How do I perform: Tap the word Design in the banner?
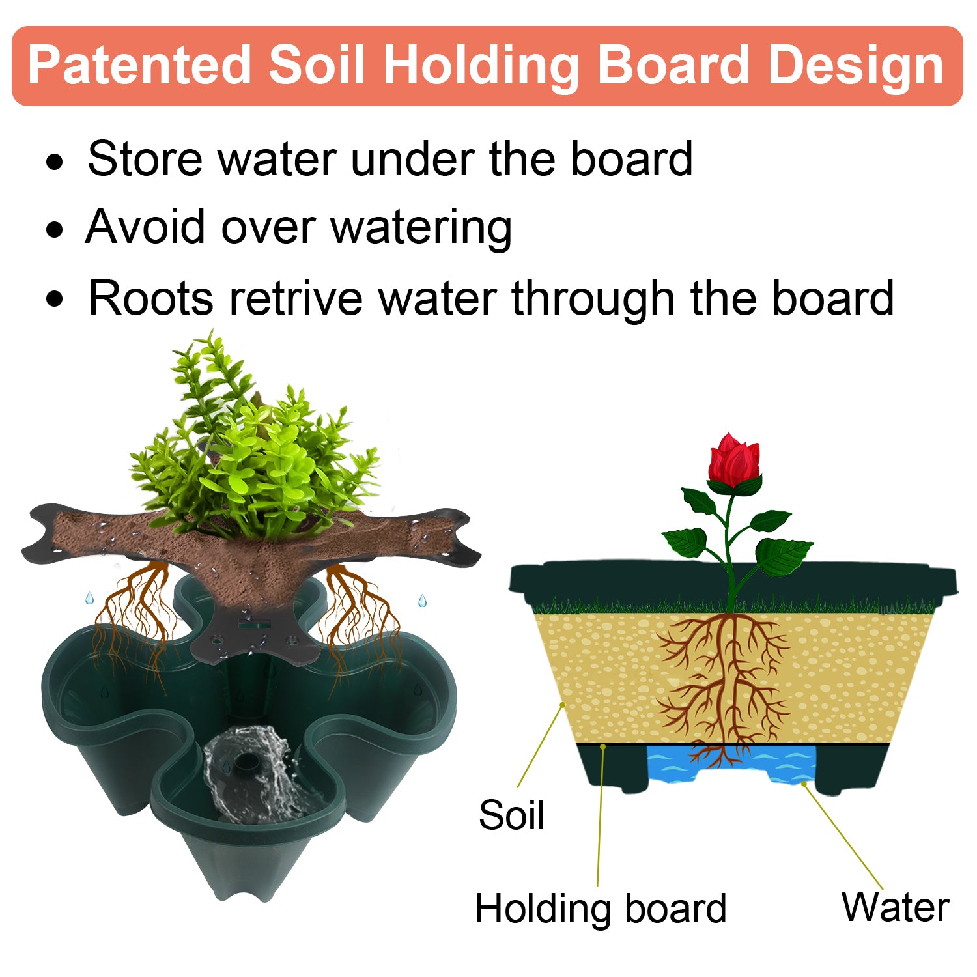[x=856, y=66]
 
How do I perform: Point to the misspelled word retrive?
[x=296, y=298]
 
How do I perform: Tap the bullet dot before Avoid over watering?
[x=55, y=230]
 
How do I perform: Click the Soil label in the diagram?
[x=511, y=815]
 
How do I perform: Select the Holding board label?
[x=601, y=909]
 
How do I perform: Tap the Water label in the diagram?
[x=895, y=907]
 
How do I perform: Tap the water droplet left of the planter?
[x=89, y=598]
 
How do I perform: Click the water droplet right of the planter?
[x=422, y=601]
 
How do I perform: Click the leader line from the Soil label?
[x=540, y=746]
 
